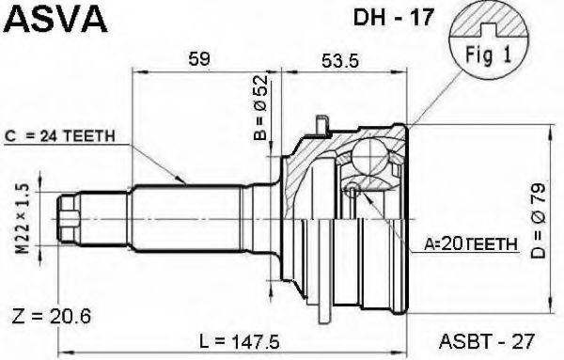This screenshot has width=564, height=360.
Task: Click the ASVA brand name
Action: [x=55, y=17]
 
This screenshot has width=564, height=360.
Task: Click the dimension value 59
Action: [x=198, y=58]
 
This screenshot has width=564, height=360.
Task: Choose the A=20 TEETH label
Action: [x=470, y=243]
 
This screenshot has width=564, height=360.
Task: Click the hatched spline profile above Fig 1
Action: [x=483, y=19]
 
